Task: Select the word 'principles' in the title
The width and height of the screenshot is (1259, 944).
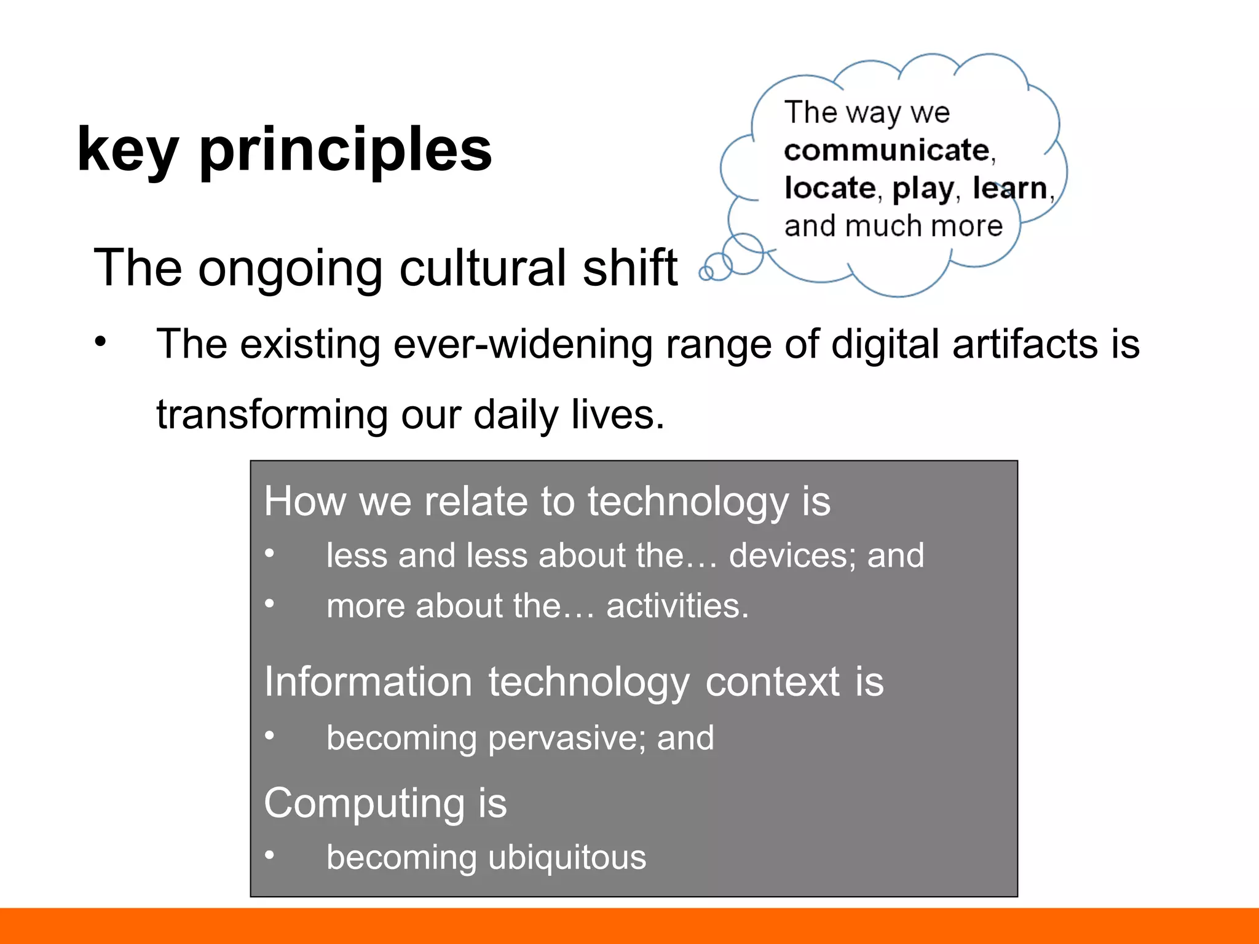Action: click(x=345, y=151)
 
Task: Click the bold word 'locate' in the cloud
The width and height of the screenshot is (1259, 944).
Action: click(x=830, y=188)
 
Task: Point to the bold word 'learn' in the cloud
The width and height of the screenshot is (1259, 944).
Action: click(x=1010, y=188)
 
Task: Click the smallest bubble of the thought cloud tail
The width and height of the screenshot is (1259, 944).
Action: click(x=706, y=273)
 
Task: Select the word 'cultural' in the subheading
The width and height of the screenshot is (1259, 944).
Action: click(x=483, y=268)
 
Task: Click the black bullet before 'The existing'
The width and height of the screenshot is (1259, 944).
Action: click(x=101, y=341)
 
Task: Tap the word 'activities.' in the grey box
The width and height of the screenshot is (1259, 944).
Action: click(x=677, y=606)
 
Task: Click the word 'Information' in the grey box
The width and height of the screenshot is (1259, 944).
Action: click(x=368, y=682)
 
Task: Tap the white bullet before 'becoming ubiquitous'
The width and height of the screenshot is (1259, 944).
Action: click(x=269, y=855)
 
